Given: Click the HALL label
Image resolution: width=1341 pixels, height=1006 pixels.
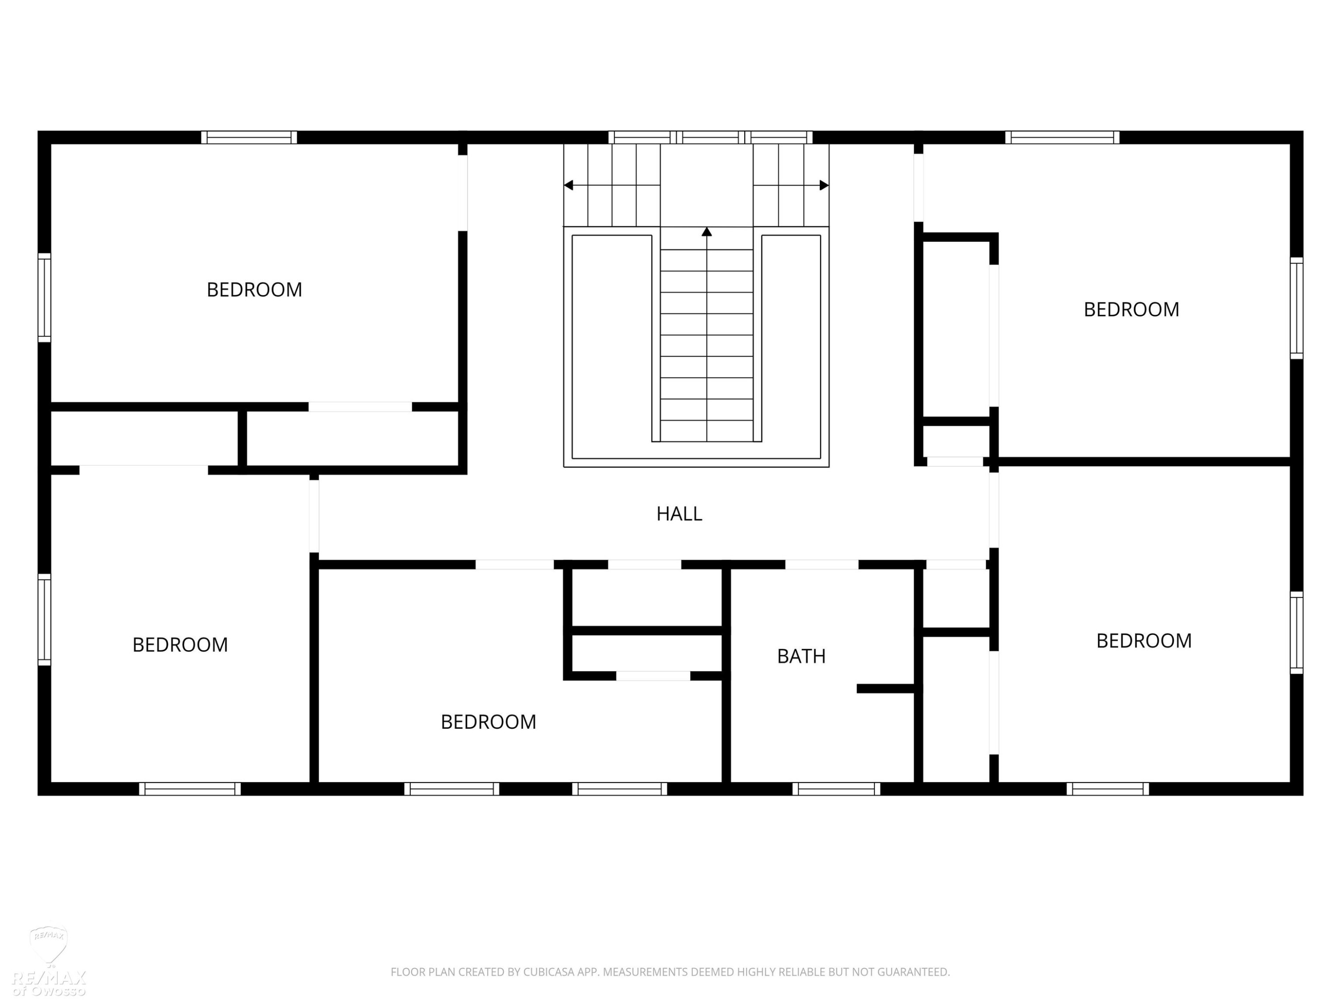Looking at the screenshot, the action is point(679,514).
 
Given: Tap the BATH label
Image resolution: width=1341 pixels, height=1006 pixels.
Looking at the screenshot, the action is point(801,656).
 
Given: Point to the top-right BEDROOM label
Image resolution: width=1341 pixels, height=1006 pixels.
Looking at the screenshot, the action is point(1131,310).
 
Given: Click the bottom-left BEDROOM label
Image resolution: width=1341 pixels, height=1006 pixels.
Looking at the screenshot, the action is point(180,645).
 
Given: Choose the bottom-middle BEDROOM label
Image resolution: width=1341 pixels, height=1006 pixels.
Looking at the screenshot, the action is point(488,722).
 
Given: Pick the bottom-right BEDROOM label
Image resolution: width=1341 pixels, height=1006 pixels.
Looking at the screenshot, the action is point(1144,641).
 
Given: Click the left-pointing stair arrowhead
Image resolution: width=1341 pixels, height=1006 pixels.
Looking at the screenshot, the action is point(568,185).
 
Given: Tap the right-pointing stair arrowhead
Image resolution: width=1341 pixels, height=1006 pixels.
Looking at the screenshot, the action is point(824,185).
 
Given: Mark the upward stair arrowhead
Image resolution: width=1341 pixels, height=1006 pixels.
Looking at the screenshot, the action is point(706,232).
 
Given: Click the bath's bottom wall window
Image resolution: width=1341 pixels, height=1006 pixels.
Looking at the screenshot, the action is point(836,789).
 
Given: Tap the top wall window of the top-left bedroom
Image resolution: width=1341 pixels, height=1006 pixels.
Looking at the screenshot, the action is point(249,138).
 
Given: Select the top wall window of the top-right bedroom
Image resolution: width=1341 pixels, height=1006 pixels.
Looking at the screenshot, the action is point(1062,138).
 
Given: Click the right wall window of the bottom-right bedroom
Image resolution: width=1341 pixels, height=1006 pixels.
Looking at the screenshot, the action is point(1296,633).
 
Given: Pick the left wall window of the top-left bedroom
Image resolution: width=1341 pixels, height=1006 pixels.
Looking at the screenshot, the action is point(44,298).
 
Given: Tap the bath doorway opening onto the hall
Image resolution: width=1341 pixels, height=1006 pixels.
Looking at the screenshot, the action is point(822,565).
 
